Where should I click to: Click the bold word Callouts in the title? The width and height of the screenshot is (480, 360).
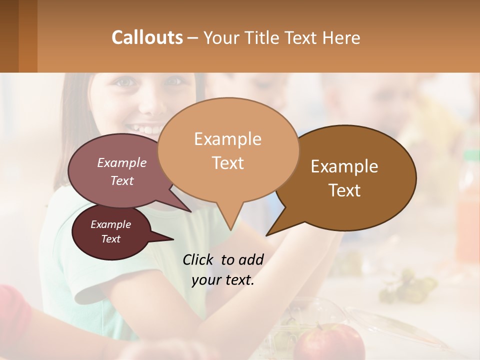point(147,37)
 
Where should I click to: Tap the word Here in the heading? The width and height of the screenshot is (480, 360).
point(342,38)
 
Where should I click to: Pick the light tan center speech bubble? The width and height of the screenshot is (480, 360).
point(228,150)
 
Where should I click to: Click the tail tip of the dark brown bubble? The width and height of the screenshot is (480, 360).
point(267,234)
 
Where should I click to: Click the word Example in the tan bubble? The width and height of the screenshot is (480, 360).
point(227,139)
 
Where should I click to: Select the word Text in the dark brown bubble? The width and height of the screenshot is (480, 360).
point(345,190)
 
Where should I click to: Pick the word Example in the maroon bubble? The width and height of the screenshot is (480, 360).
point(110,224)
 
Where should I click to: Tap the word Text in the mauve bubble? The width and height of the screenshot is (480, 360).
point(122,181)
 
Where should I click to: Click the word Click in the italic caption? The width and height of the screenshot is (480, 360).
point(199,259)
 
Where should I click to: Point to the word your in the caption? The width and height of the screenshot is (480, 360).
point(205,280)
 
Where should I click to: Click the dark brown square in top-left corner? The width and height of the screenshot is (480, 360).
point(9,36)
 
